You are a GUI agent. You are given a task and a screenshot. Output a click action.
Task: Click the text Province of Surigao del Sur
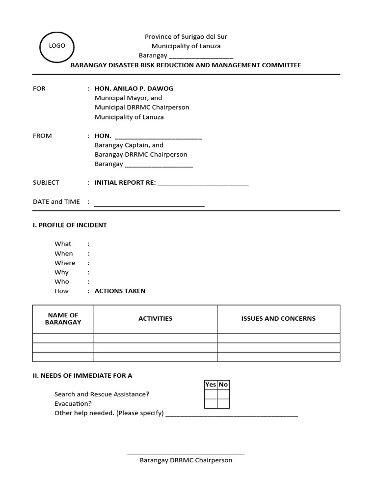pyautogui.click(x=186, y=37)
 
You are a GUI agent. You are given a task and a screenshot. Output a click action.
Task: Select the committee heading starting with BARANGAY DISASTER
pyautogui.click(x=186, y=65)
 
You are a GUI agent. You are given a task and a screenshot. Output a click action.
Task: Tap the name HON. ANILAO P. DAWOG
pyautogui.click(x=134, y=88)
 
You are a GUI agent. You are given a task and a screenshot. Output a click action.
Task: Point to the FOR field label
pyautogui.click(x=39, y=88)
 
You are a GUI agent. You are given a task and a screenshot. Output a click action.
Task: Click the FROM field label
pyautogui.click(x=42, y=136)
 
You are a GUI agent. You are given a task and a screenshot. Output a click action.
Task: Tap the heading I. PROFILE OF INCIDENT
pyautogui.click(x=70, y=225)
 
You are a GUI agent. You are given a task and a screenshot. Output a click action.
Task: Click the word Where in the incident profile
pyautogui.click(x=65, y=263)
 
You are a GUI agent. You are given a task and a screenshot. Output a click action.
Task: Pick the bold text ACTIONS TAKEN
pyautogui.click(x=120, y=291)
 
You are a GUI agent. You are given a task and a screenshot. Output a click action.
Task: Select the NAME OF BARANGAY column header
pyautogui.click(x=63, y=319)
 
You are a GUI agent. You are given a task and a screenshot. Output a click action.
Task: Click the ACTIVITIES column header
pyautogui.click(x=155, y=318)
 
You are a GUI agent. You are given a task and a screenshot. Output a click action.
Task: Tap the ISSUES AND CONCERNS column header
pyautogui.click(x=278, y=318)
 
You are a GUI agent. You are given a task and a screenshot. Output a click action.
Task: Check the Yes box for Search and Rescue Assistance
pyautogui.click(x=211, y=394)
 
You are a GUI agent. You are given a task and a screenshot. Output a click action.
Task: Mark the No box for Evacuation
pyautogui.click(x=223, y=404)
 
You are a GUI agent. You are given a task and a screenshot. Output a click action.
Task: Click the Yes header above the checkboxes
pyautogui.click(x=211, y=385)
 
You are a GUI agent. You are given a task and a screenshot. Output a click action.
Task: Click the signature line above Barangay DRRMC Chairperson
pyautogui.click(x=186, y=453)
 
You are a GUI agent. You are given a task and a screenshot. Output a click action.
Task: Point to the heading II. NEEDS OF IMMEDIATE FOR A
pyautogui.click(x=82, y=375)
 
